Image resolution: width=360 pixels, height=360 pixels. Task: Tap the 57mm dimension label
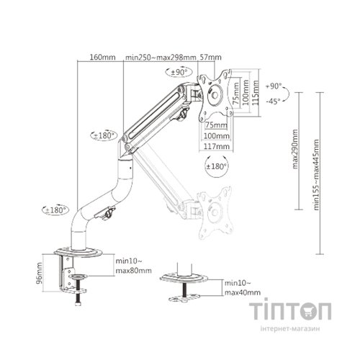pos(210,57)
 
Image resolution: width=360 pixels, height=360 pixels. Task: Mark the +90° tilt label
pos(273,86)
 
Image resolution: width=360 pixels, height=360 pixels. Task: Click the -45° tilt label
pos(273,102)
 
